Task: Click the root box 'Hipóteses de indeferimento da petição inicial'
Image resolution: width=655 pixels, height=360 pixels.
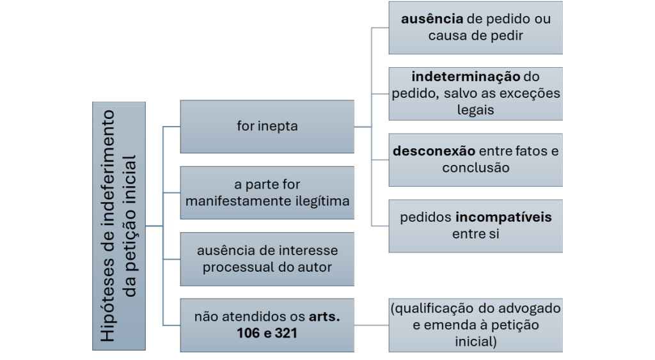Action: [x=120, y=226]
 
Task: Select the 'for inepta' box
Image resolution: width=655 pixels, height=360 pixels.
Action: [x=267, y=126]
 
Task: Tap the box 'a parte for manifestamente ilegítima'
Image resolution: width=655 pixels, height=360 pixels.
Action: [x=267, y=193]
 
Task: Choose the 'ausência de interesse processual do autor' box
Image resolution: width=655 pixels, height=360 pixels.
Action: [x=267, y=259]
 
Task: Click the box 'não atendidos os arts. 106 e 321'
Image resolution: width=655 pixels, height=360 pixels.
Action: [x=267, y=325]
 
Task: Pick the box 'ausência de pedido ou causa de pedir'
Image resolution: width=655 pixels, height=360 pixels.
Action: [x=476, y=27]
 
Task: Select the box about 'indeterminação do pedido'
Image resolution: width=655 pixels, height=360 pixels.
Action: [x=476, y=93]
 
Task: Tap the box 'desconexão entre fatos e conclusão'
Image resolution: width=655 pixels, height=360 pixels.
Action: [x=476, y=159]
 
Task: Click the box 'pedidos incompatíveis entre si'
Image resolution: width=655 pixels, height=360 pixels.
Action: [x=476, y=226]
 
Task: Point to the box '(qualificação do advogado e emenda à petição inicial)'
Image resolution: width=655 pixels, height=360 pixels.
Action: [x=476, y=325]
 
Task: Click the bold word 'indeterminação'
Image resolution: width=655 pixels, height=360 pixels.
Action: [x=457, y=77]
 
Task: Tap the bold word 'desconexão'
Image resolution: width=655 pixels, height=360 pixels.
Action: [x=434, y=152]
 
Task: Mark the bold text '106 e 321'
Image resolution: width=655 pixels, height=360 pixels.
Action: [x=267, y=333]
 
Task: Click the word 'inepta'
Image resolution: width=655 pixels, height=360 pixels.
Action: [x=279, y=126]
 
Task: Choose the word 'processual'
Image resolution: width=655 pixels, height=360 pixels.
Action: [x=234, y=267]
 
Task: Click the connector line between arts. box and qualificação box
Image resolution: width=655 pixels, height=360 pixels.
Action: [x=372, y=325]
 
